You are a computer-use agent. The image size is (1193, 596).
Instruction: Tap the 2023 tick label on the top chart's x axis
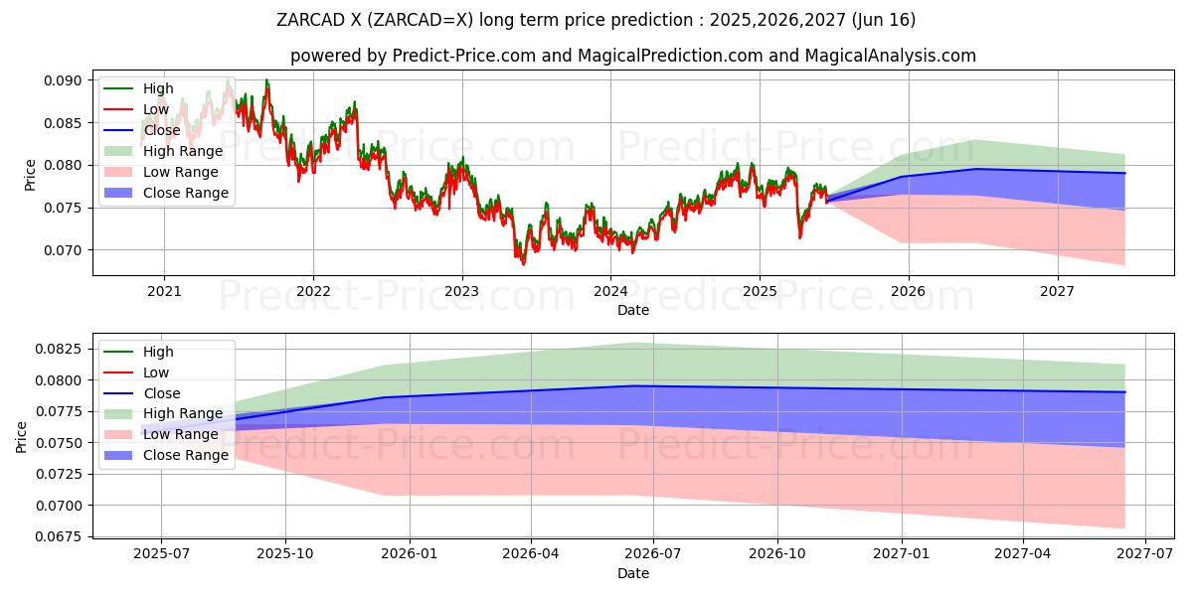tap(461, 291)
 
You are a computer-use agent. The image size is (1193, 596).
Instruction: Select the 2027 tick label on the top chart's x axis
tap(1057, 291)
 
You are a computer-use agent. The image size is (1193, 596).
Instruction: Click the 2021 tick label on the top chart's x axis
tap(164, 291)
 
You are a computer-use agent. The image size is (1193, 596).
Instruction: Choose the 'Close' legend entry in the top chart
tap(162, 130)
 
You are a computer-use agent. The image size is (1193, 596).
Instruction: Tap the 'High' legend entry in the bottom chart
tap(158, 352)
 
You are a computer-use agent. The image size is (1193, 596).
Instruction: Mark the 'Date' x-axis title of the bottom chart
tap(633, 573)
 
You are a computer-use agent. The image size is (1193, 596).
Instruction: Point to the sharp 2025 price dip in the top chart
tap(799, 236)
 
